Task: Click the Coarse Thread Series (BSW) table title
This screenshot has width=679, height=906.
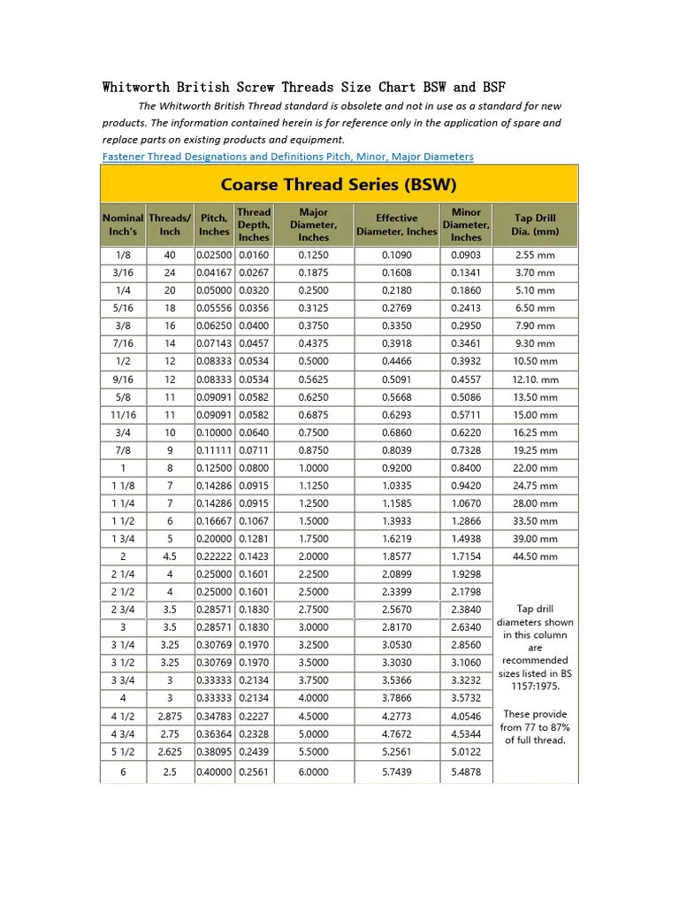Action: point(339,185)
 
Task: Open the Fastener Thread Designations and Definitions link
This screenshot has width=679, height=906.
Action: point(287,157)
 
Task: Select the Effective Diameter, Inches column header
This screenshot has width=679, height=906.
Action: point(396,225)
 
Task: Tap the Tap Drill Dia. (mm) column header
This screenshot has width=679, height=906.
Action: point(536,225)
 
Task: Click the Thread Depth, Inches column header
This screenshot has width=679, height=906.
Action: point(254,225)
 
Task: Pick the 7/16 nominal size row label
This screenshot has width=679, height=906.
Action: point(123,343)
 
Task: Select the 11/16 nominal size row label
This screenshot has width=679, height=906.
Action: point(123,415)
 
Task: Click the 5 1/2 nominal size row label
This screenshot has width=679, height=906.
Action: point(123,752)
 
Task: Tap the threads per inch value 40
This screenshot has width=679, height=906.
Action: point(170,255)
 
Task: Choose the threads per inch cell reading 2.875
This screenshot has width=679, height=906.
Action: point(170,717)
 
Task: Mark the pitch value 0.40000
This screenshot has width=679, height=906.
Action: point(214,772)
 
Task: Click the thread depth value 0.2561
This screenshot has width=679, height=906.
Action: point(254,772)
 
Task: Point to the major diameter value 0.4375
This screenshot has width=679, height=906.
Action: point(313,343)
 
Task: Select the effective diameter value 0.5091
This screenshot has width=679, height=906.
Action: point(396,380)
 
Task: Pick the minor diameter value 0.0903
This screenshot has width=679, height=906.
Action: point(466,255)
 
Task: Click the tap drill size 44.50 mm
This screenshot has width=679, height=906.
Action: point(536,557)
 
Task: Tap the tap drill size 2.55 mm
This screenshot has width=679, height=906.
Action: point(536,255)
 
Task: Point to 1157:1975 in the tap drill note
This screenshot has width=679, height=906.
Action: point(536,686)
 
